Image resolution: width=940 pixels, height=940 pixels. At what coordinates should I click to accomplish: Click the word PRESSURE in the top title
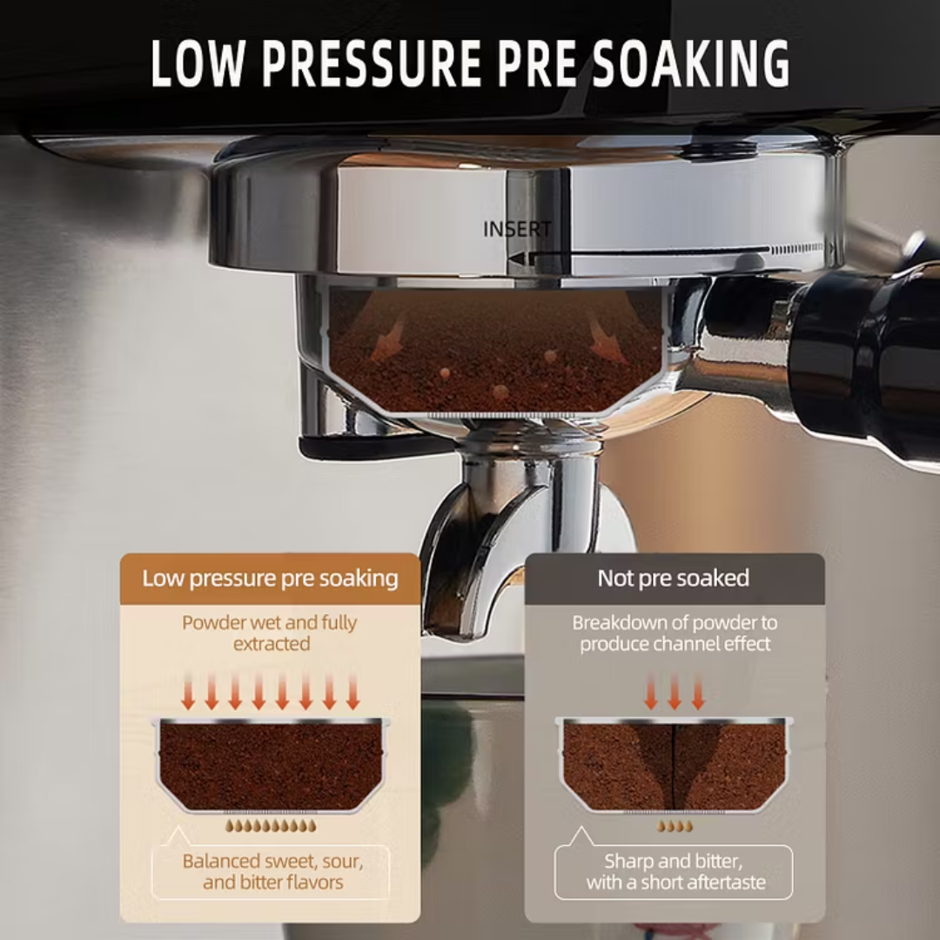point(372,64)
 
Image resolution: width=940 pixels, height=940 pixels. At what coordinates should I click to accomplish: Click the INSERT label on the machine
point(517,229)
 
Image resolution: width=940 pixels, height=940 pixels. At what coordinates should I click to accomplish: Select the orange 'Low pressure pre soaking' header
point(271,579)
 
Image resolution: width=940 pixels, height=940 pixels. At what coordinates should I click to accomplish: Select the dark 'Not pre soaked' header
point(675,579)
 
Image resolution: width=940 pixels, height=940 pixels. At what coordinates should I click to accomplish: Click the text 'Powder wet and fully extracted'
point(270,633)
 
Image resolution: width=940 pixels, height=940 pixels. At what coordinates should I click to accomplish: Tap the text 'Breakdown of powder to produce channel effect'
point(675,633)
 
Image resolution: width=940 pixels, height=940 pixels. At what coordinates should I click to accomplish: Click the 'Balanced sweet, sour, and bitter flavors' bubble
point(271,871)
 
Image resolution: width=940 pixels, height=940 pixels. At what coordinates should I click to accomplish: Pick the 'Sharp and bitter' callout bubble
point(674,871)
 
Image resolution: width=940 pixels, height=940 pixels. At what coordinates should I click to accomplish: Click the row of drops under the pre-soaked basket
point(271,826)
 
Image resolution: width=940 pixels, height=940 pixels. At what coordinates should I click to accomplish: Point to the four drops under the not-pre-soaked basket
point(675,826)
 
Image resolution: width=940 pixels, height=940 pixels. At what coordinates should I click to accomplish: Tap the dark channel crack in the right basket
point(675,768)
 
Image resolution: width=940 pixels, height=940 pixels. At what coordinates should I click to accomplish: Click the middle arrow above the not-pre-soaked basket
point(675,690)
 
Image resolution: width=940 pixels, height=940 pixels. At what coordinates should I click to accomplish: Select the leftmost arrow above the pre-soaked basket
point(188,690)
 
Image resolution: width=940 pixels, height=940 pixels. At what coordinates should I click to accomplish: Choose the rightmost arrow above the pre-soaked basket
point(353,690)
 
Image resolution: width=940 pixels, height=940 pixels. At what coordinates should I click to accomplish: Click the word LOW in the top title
point(198,64)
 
